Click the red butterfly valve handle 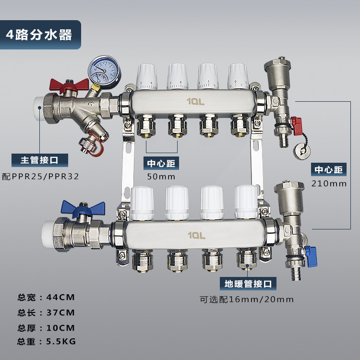(69, 85)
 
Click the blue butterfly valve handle (83, 208)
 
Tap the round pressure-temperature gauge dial (105, 72)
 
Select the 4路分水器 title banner (40, 35)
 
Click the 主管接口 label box (40, 160)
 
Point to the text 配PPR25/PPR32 (40, 177)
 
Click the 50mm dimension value (161, 177)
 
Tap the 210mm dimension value (329, 183)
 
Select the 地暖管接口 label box (248, 284)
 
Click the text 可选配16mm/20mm (247, 300)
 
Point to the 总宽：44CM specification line (46, 297)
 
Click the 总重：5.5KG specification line (47, 341)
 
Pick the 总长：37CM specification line (46, 312)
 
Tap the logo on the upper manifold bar (195, 101)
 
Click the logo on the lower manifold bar (196, 235)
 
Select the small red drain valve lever (297, 124)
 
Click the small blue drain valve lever (311, 256)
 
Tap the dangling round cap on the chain (302, 151)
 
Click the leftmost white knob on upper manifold (147, 77)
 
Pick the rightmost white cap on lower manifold (246, 202)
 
